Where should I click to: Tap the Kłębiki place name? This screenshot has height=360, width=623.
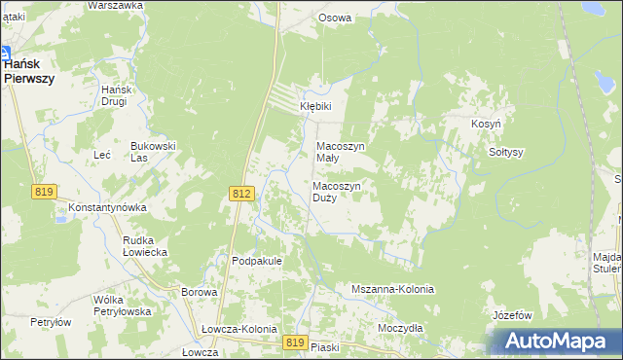(315, 106)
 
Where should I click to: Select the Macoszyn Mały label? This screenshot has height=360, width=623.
(341, 153)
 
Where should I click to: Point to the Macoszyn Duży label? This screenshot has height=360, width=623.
(338, 191)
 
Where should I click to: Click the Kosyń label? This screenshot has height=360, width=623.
(486, 126)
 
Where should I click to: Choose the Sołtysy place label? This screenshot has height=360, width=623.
(505, 152)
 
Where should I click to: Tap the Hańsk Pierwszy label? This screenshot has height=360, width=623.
(27, 71)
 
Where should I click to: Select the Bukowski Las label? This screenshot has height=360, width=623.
(153, 152)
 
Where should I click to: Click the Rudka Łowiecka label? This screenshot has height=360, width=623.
(145, 245)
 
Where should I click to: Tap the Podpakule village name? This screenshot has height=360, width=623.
(257, 261)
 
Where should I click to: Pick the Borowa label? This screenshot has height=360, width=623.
(199, 292)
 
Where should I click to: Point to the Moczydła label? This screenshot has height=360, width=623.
(400, 328)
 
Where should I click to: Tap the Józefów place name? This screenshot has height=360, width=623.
(512, 315)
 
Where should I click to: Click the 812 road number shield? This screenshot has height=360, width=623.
(243, 195)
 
